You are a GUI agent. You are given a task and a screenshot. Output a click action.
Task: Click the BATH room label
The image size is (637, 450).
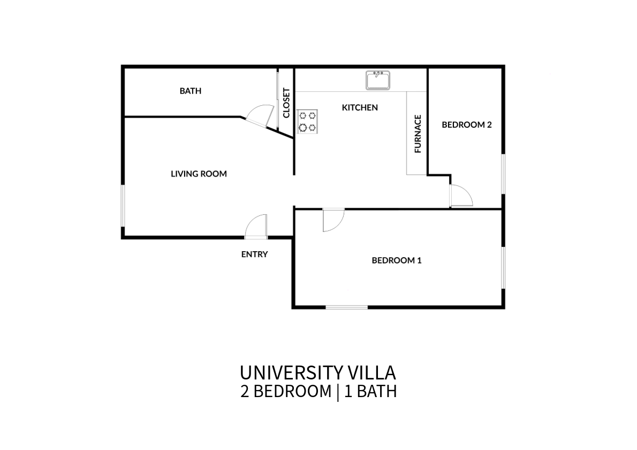(x=190, y=91)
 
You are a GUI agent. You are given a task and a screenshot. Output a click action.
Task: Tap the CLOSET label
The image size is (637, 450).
(x=286, y=103)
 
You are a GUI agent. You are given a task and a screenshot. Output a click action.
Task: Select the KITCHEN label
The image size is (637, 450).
(x=360, y=107)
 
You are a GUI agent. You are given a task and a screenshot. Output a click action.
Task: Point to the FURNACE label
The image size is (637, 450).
(x=418, y=134)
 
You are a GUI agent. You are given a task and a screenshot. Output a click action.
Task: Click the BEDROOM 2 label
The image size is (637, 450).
(x=467, y=125)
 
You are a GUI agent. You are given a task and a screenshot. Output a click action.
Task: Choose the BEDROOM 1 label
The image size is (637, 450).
(x=397, y=260)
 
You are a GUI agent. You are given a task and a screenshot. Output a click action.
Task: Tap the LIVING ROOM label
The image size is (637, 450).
(x=199, y=174)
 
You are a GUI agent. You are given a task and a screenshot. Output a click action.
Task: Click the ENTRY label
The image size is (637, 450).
(x=254, y=254)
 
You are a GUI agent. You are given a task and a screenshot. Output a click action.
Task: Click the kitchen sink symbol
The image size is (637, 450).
(x=378, y=80)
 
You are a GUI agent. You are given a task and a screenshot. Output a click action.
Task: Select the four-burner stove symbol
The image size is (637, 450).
(x=307, y=122)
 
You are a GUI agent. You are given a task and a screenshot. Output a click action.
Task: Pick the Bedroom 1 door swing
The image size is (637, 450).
(x=333, y=220)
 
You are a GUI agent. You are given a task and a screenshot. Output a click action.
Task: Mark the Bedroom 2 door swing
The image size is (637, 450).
(x=461, y=196)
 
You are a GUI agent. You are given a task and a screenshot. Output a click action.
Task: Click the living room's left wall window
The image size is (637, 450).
(x=123, y=206)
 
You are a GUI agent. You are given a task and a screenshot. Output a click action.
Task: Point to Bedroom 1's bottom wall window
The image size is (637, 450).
(x=346, y=307)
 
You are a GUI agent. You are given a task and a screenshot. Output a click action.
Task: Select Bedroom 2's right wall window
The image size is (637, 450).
(x=503, y=174)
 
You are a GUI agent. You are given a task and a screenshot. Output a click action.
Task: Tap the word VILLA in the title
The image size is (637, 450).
(x=371, y=373)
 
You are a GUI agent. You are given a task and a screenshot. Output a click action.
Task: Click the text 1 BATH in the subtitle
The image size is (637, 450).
(x=370, y=392)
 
